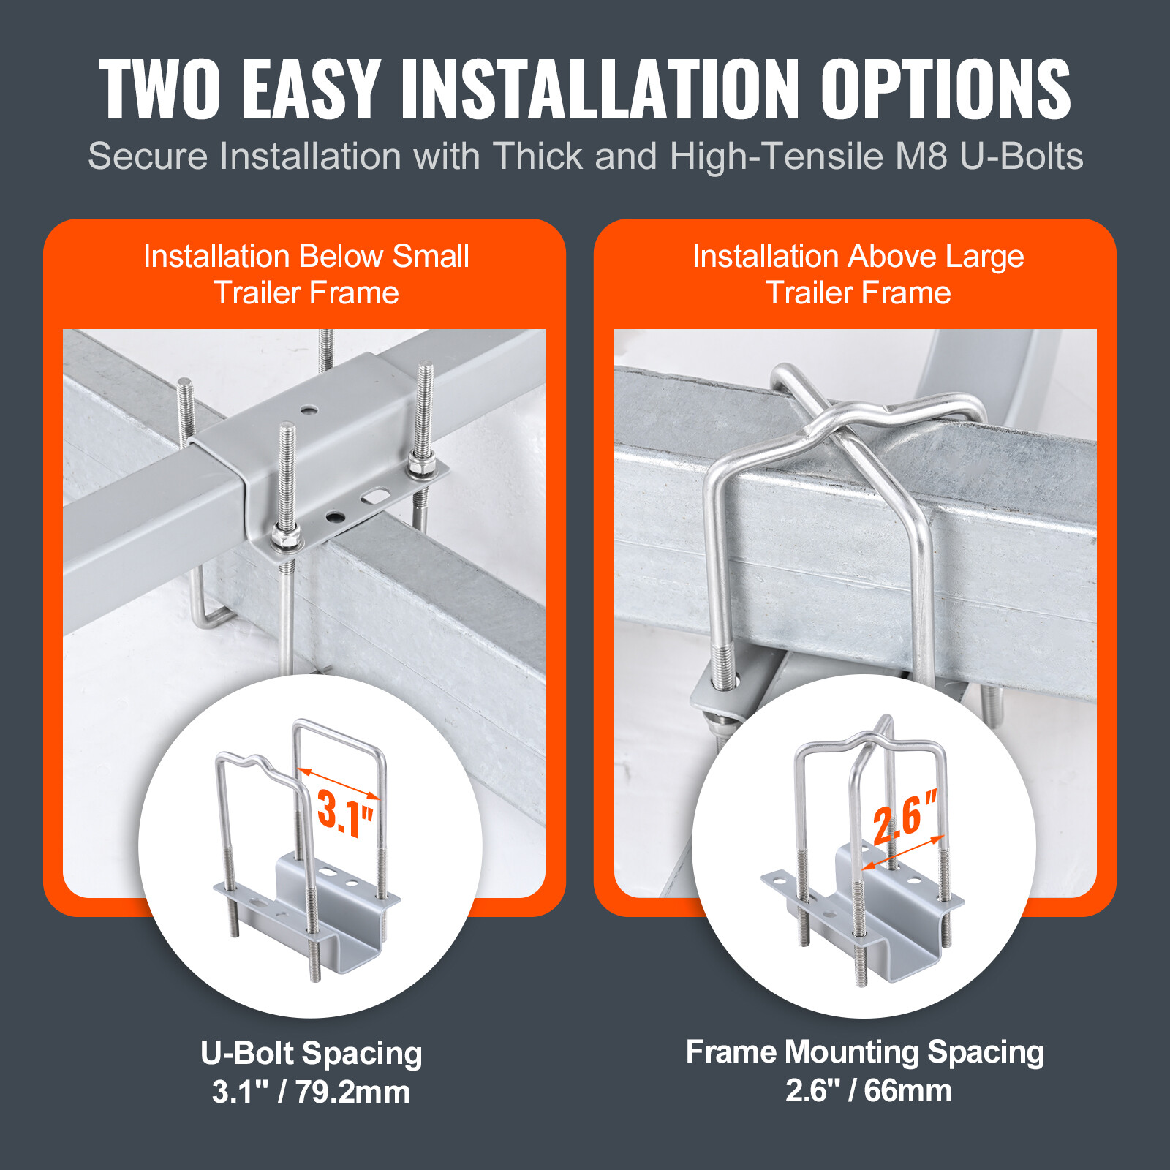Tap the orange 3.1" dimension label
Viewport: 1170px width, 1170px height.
point(345,813)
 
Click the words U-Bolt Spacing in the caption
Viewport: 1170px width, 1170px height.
point(312,1054)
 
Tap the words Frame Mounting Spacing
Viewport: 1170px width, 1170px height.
point(865,1052)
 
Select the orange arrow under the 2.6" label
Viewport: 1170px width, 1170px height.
point(904,853)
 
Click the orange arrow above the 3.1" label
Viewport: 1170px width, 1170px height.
point(339,783)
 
